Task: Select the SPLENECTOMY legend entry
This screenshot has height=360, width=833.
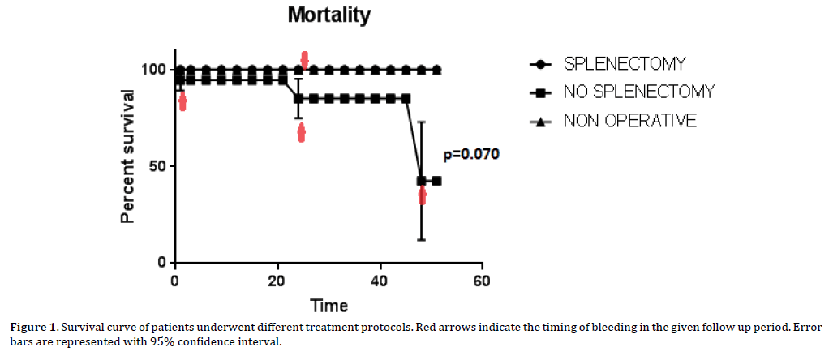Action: point(625,63)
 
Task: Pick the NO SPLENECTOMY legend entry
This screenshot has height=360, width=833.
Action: point(638,92)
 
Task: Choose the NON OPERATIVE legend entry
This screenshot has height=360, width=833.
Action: point(630,121)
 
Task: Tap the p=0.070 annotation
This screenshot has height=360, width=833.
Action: point(471,154)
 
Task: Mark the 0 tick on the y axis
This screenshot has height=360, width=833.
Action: point(162,263)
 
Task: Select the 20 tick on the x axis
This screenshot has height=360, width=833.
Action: point(277,281)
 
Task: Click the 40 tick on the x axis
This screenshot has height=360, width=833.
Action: point(380,281)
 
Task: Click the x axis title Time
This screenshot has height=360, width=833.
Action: point(328,306)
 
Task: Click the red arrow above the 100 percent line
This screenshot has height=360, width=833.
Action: point(305,59)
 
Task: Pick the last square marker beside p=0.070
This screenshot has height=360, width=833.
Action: point(437,181)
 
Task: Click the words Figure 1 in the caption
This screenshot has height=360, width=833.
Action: point(34,328)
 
